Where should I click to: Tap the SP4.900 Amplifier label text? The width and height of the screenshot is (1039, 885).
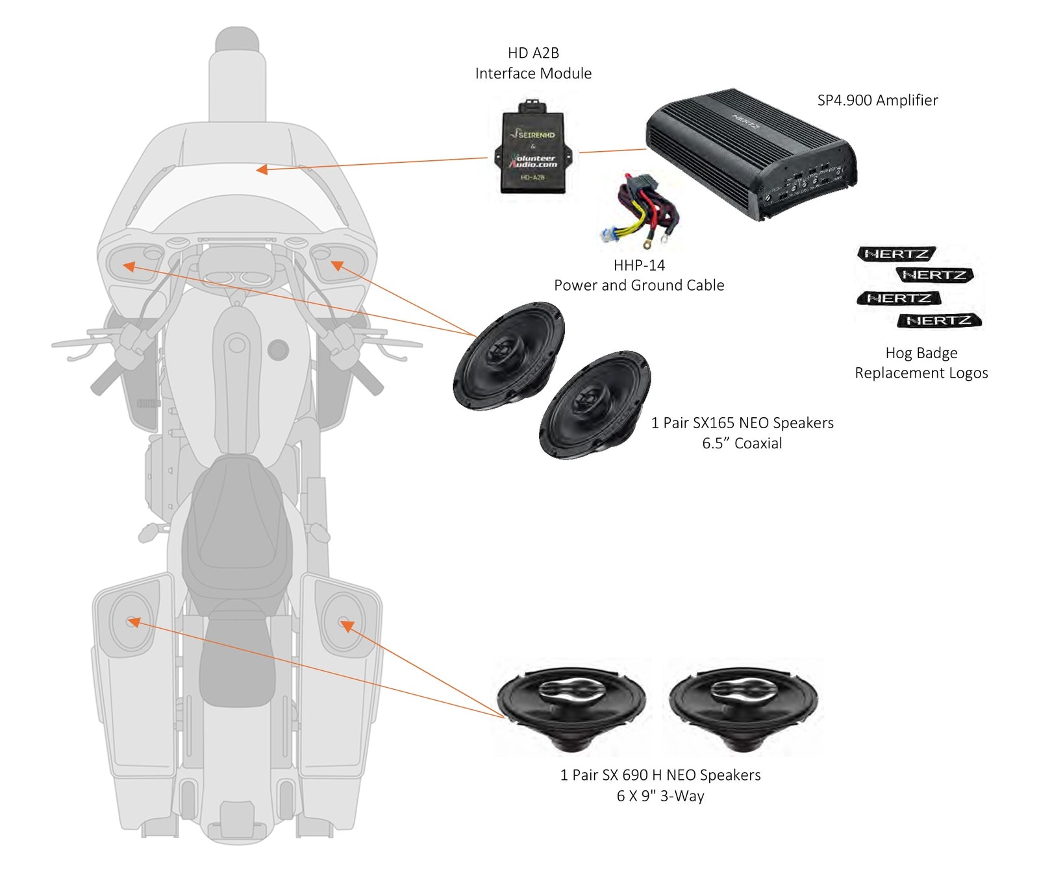(877, 101)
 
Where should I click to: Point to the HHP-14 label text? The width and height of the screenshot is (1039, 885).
(639, 265)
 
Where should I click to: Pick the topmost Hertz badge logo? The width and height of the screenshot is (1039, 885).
(896, 254)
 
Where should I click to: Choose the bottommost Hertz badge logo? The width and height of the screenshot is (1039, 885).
(939, 321)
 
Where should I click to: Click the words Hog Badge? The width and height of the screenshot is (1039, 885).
(921, 353)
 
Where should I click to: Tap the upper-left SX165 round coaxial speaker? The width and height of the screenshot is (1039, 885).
(508, 355)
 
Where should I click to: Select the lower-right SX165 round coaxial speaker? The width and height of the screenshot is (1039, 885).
(594, 404)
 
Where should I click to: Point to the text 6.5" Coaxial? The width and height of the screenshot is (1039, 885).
(742, 444)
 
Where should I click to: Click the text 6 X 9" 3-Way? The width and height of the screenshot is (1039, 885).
(660, 796)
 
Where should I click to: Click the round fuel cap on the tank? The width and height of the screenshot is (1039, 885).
(278, 350)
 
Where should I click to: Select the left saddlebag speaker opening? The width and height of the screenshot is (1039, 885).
(132, 622)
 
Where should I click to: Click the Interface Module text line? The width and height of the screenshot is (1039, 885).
(533, 74)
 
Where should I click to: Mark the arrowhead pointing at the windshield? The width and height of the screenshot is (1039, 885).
(261, 169)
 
